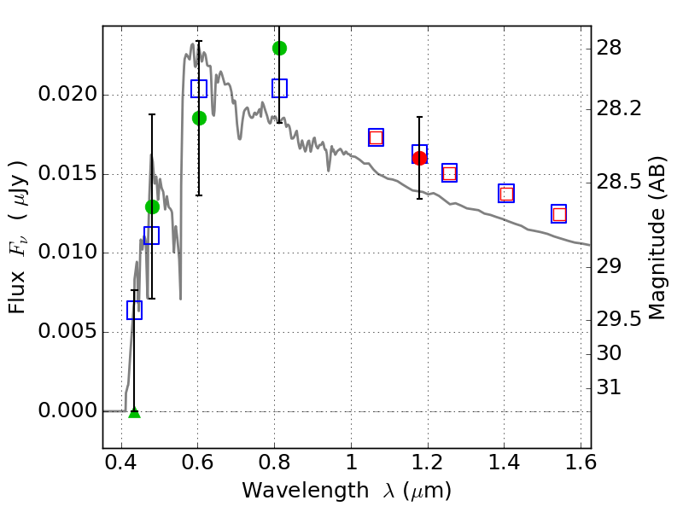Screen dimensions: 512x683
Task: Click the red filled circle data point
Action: click(419, 158)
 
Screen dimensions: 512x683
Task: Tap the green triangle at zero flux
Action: click(134, 412)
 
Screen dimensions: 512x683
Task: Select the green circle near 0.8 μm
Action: click(279, 48)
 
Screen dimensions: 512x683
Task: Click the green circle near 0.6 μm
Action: click(199, 118)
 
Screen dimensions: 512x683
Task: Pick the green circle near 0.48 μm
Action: click(152, 207)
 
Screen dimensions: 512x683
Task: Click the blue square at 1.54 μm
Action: click(559, 214)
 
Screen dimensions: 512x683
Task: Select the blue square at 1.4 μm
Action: click(506, 193)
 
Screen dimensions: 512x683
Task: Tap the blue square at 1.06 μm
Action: click(376, 137)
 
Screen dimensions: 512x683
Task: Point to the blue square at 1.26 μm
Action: click(449, 173)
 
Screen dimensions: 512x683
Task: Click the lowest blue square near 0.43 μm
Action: click(134, 311)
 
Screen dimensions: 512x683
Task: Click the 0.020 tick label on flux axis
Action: click(63, 95)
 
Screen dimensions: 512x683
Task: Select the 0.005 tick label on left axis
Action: click(63, 332)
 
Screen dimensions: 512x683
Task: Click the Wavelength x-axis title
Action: click(347, 491)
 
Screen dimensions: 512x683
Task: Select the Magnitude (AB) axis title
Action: click(657, 237)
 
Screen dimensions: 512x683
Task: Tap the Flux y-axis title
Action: click(19, 237)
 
